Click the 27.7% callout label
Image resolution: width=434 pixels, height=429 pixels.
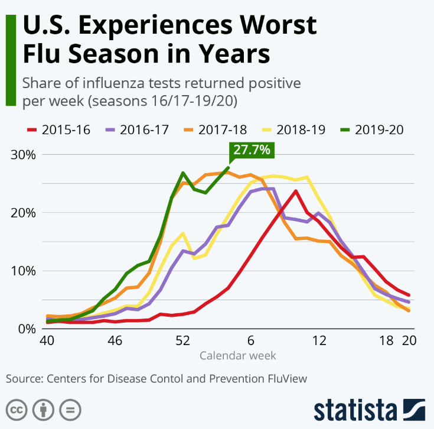coord(251,150)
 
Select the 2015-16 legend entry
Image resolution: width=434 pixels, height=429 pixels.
coord(58,129)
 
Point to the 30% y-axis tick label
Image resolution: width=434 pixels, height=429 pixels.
coord(24,155)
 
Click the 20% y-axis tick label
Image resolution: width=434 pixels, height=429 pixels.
coord(24,213)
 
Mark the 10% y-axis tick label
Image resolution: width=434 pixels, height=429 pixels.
coord(24,271)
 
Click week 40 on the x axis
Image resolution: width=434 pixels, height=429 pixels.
coord(47,341)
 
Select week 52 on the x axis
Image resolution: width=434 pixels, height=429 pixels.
coord(183,341)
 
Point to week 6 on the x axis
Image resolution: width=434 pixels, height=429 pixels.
coord(251,341)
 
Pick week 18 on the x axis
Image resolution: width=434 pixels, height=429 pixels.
coord(387,341)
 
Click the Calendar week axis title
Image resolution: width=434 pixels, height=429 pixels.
coord(237,356)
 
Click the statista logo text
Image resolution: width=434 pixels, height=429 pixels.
coord(355,409)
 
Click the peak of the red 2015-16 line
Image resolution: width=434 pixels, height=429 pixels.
coord(295,191)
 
